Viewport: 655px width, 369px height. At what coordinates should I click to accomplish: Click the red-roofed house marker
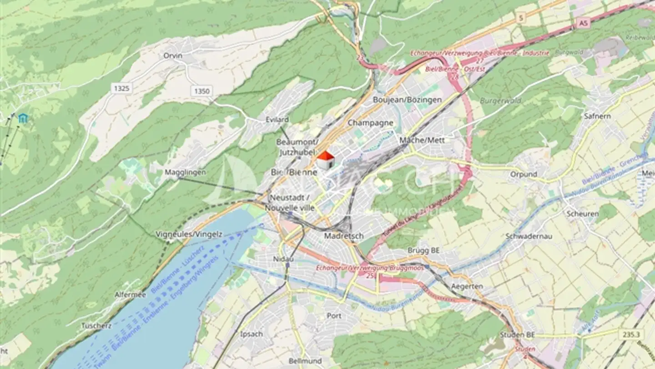tap(325, 161)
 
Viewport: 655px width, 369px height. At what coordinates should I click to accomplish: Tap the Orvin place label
tap(173, 56)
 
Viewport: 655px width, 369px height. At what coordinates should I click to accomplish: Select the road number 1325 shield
tap(121, 88)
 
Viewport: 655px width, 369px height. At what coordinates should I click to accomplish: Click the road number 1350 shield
tap(202, 91)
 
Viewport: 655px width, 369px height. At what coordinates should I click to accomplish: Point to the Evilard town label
tap(277, 119)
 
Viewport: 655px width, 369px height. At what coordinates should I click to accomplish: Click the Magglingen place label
tap(185, 172)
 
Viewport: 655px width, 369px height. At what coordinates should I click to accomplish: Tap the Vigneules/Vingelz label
tap(189, 234)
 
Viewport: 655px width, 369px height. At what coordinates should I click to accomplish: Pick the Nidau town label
tap(283, 259)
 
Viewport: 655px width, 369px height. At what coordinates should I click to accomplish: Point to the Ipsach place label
tap(251, 334)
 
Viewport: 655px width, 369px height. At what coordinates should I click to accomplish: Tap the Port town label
tap(334, 315)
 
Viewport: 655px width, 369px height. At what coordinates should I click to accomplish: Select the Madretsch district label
tap(344, 236)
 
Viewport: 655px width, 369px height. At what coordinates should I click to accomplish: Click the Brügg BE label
tap(423, 250)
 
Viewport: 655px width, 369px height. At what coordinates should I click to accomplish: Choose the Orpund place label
tap(523, 174)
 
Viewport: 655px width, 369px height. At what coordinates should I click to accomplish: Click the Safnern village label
tap(597, 116)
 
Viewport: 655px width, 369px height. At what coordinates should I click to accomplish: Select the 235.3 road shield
tap(631, 334)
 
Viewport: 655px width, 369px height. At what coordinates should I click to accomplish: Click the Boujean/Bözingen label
tap(407, 99)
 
